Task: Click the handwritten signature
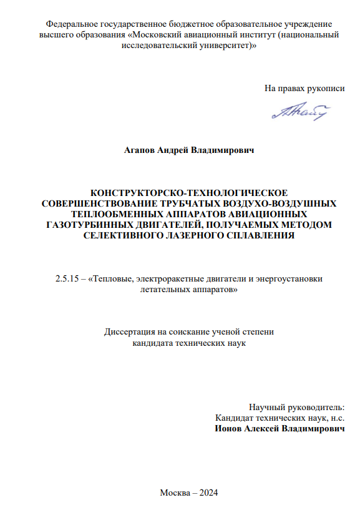pos(300,111)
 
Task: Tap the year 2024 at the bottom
pos(207,493)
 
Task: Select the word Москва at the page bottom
pos(174,493)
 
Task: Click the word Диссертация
pos(130,332)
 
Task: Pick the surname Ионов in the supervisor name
pos(228,429)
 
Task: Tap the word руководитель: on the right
pos(318,406)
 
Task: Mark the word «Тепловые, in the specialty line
pos(115,279)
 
